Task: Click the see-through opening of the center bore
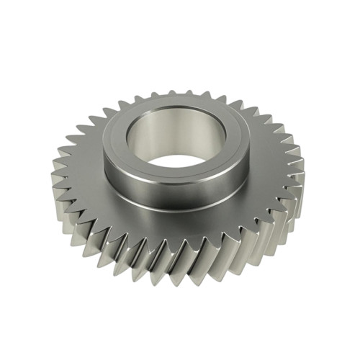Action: [178, 163]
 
